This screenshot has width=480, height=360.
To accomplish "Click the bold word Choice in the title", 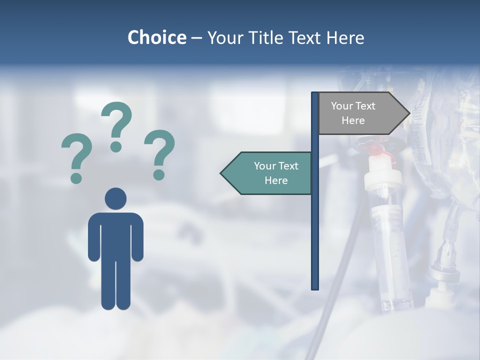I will click(x=156, y=37).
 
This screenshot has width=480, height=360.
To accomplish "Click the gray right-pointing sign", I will click(x=360, y=113).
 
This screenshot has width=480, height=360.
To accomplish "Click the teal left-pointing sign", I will click(x=270, y=173).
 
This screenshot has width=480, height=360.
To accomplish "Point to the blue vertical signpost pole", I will click(x=315, y=225).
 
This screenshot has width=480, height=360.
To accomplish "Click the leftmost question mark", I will click(x=76, y=155).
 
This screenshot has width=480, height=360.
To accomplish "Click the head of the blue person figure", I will click(x=115, y=198).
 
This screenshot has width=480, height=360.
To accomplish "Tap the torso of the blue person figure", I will click(x=115, y=235).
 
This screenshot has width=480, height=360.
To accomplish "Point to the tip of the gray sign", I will click(x=408, y=113).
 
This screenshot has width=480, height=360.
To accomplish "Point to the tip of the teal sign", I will click(x=222, y=173).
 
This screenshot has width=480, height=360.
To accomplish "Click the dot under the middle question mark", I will click(x=116, y=146).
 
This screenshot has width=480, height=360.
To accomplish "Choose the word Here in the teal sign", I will click(x=276, y=180).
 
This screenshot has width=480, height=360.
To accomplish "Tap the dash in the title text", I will click(x=196, y=38).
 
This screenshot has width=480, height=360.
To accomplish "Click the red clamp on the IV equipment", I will click(x=374, y=148).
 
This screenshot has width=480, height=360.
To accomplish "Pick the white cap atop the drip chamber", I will click(x=383, y=177).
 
